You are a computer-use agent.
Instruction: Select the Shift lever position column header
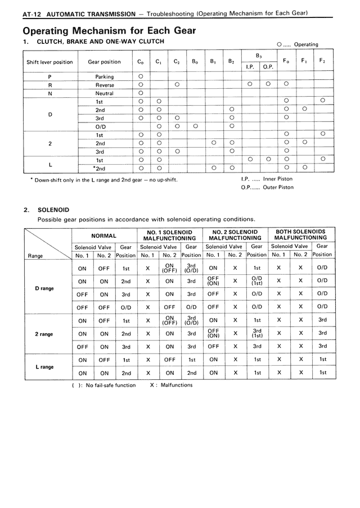49,62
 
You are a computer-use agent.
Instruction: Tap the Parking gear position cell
104,76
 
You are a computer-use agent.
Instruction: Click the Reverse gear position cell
104,85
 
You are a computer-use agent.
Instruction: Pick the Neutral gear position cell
104,93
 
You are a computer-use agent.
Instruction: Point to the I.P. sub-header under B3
250,67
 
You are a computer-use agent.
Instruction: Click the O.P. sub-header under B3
268,67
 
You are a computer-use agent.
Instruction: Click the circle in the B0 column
195,126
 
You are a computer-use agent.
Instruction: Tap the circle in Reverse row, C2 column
177,85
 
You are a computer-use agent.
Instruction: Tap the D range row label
44,288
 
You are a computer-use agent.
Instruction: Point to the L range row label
44,366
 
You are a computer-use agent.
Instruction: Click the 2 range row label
44,334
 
